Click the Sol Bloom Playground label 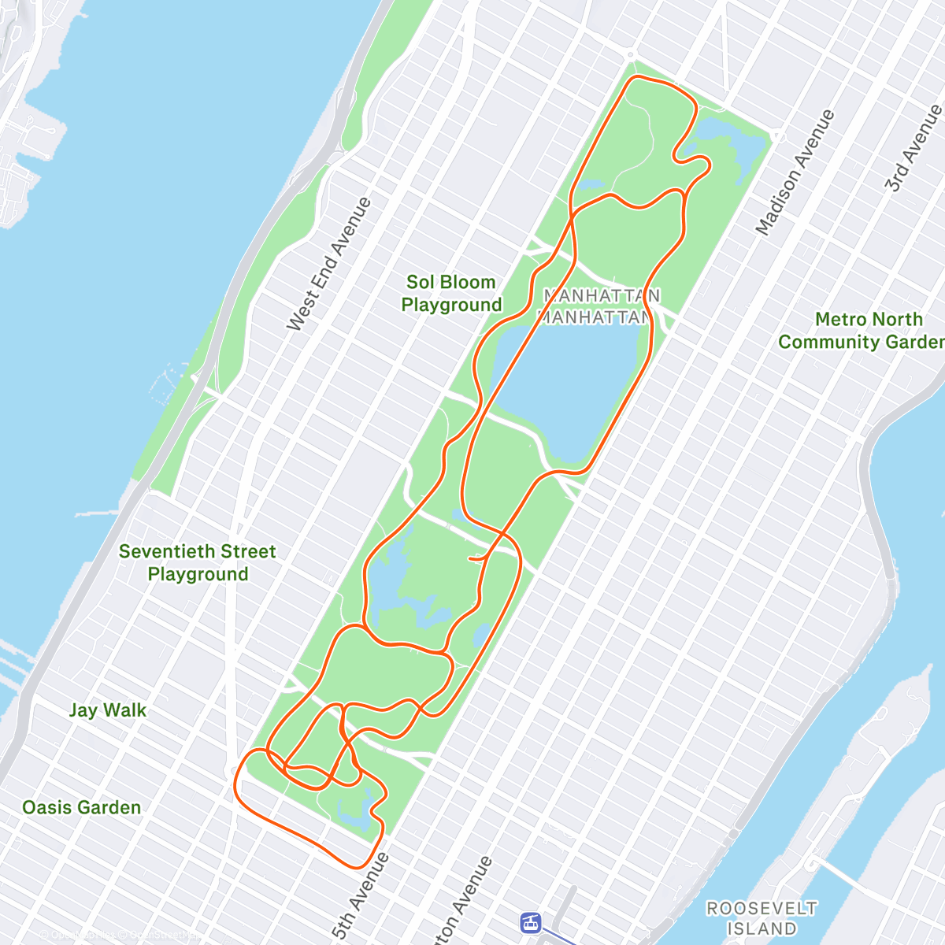pyautogui.click(x=451, y=293)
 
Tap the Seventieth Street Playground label pyautogui.click(x=198, y=562)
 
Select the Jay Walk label pyautogui.click(x=108, y=710)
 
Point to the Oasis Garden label pyautogui.click(x=82, y=807)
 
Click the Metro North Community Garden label pyautogui.click(x=862, y=331)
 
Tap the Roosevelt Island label pyautogui.click(x=762, y=918)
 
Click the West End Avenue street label pyautogui.click(x=328, y=264)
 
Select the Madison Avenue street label pyautogui.click(x=795, y=172)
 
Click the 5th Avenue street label pyautogui.click(x=361, y=896)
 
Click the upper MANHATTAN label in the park pyautogui.click(x=602, y=295)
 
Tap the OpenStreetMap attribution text pyautogui.click(x=118, y=936)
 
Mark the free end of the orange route pyautogui.click(x=470, y=558)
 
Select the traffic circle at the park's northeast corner pyautogui.click(x=779, y=136)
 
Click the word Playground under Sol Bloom pyautogui.click(x=451, y=305)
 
